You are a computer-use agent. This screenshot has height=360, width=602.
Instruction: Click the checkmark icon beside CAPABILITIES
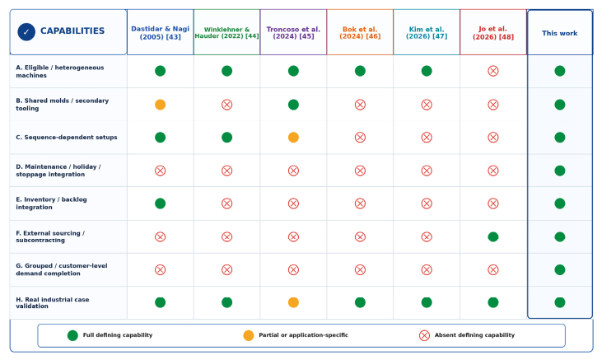26,32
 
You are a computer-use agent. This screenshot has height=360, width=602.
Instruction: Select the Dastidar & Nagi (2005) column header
160,33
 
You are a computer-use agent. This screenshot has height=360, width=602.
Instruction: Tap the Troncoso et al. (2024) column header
293,33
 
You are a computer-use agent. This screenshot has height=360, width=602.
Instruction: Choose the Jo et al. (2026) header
493,33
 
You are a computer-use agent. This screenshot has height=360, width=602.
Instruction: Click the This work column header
560,33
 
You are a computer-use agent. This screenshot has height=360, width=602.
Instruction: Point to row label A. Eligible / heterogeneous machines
60,72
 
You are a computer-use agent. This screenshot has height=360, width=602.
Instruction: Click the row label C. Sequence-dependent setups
67,137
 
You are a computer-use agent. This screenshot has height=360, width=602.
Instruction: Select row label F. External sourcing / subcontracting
50,236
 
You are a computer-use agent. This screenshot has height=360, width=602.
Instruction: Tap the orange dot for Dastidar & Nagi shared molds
160,105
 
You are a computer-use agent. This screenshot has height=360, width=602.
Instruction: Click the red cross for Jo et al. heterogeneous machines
493,71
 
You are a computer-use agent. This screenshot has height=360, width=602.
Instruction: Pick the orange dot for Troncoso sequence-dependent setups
293,137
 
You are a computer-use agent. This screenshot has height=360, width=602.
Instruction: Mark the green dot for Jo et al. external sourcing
493,236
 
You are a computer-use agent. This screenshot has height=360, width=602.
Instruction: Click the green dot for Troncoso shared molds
293,105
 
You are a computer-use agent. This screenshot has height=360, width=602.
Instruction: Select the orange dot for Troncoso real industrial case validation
293,302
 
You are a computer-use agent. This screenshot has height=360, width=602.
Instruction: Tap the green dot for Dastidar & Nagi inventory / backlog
160,203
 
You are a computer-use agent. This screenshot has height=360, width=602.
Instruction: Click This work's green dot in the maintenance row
560,171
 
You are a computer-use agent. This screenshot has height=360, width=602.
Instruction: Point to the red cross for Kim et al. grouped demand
427,269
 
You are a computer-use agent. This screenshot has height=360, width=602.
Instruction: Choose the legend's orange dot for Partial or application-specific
249,335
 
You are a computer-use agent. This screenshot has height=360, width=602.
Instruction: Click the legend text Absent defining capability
474,335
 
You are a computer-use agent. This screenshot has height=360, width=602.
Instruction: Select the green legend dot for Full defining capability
72,335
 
